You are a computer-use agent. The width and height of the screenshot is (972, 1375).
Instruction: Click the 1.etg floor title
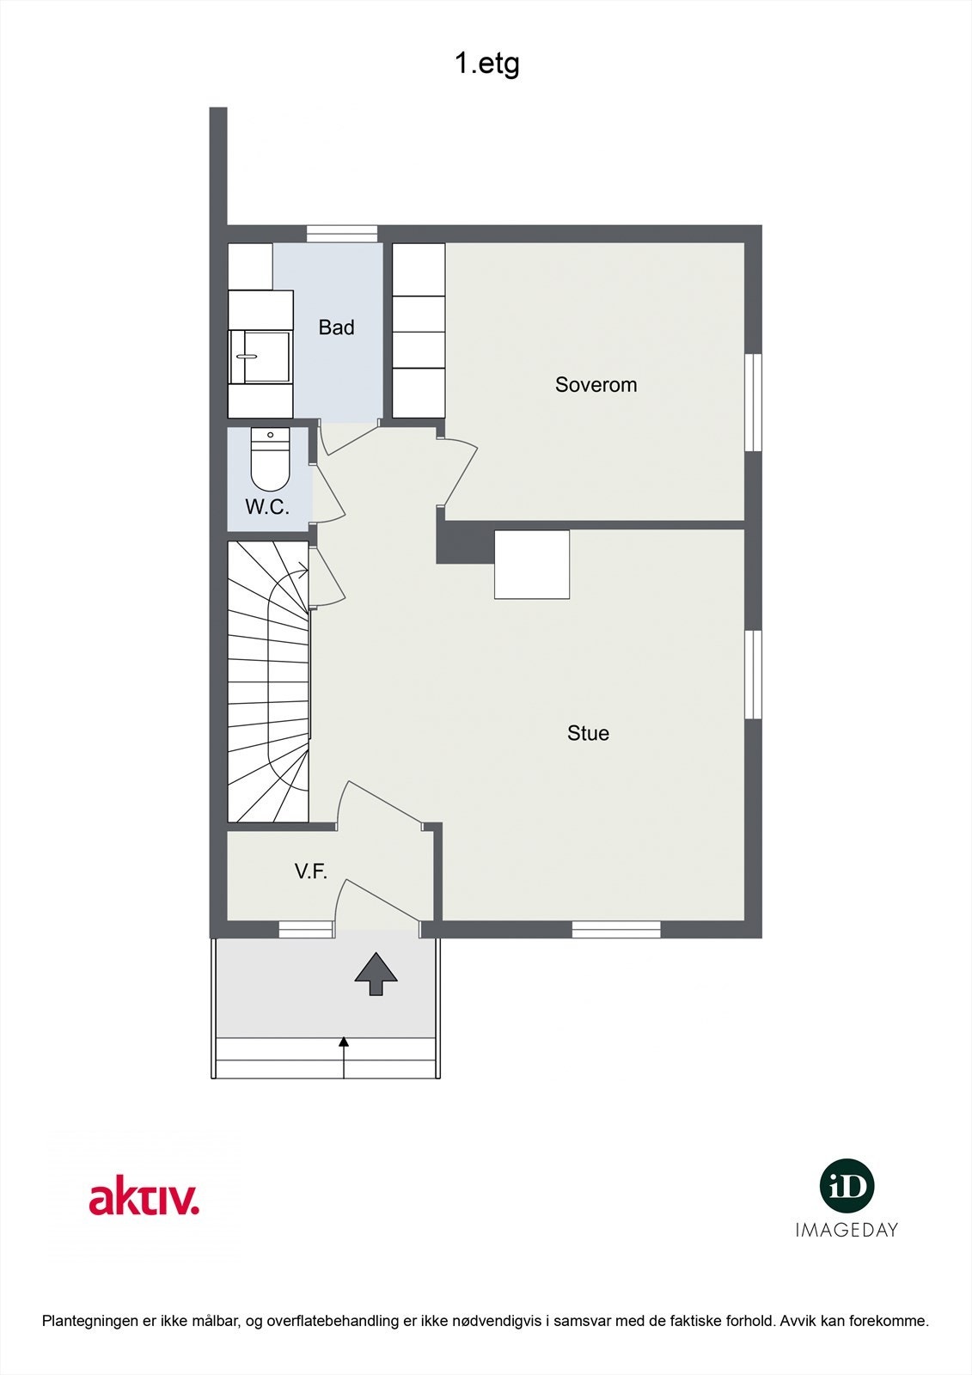coord(487,64)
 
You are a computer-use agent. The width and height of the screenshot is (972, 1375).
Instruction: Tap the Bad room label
coord(336,327)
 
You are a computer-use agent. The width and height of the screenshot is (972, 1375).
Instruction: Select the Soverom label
coord(596,384)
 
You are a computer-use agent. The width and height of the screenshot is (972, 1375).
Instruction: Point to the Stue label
coord(588,733)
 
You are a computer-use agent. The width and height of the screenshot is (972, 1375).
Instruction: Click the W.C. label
coord(267,507)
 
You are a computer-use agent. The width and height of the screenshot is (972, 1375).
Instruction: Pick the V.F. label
coord(310,871)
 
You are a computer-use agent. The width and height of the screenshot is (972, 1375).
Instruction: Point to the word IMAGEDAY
coord(847,1230)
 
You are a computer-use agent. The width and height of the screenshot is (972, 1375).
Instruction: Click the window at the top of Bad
coord(342,233)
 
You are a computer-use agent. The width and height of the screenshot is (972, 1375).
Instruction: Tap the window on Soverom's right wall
coord(754,402)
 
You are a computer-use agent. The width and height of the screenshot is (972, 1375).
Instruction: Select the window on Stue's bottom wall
coord(616,929)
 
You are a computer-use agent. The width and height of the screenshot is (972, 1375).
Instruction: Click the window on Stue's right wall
coord(754,675)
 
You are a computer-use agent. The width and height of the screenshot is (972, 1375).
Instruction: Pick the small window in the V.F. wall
coord(305,929)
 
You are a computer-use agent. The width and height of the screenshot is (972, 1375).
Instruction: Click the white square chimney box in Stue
coord(532,564)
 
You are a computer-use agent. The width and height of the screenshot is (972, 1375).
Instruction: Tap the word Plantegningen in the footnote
coord(89,1321)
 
